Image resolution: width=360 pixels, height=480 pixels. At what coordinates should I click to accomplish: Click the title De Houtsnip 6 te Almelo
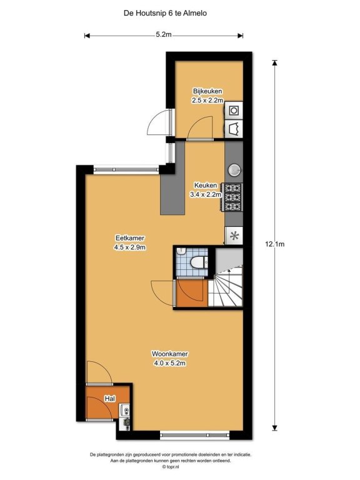pyautogui.click(x=165, y=13)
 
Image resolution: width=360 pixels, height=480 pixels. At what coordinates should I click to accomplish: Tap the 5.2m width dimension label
pyautogui.click(x=164, y=34)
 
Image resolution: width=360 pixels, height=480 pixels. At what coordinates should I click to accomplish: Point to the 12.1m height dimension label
pyautogui.click(x=274, y=244)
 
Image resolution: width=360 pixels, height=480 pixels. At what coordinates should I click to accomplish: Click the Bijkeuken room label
pyautogui.click(x=207, y=91)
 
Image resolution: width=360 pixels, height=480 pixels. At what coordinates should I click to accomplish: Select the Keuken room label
pyautogui.click(x=206, y=185)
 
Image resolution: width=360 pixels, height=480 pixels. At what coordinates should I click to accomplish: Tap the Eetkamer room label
pyautogui.click(x=130, y=238)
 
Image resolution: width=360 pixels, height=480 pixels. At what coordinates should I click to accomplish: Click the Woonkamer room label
pyautogui.click(x=169, y=354)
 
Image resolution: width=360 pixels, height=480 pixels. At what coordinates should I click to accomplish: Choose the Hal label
pyautogui.click(x=110, y=399)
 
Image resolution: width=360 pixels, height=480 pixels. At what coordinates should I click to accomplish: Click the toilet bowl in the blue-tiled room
pyautogui.click(x=197, y=262)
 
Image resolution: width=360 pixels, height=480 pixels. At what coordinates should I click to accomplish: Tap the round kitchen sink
pyautogui.click(x=234, y=170)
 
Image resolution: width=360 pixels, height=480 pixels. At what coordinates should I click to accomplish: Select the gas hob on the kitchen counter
pyautogui.click(x=234, y=197)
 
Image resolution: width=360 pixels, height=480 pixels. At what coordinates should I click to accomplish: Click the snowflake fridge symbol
pyautogui.click(x=234, y=236)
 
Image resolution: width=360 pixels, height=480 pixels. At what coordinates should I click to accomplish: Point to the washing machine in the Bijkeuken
pyautogui.click(x=234, y=110)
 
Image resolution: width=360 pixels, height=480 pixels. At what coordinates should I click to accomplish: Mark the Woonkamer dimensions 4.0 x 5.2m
pyautogui.click(x=169, y=363)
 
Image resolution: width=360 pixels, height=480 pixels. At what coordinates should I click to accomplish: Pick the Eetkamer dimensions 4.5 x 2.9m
pyautogui.click(x=130, y=247)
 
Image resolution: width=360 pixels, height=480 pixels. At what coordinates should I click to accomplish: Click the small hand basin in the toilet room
pyautogui.click(x=182, y=251)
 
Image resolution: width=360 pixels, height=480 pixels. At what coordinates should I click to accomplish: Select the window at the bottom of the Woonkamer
pyautogui.click(x=195, y=435)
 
